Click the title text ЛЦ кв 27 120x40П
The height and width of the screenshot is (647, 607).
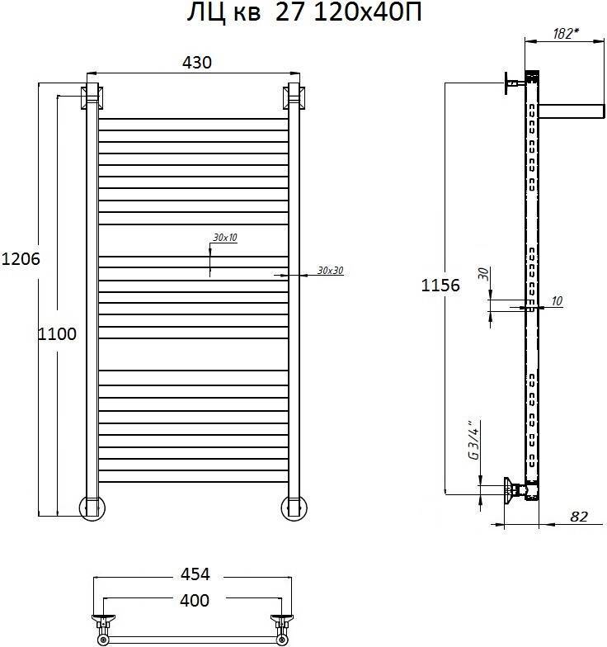[304, 13]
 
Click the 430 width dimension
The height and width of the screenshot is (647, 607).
[197, 63]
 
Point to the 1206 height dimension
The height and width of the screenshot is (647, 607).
[21, 259]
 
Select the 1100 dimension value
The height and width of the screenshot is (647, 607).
[57, 333]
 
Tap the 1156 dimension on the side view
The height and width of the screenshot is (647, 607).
[440, 286]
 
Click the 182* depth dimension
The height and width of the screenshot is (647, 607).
[566, 33]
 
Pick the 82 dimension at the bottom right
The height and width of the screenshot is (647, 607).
[579, 517]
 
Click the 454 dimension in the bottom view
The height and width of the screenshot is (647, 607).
[195, 574]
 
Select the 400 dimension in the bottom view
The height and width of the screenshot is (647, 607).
[195, 600]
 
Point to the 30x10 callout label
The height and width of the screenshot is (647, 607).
[225, 238]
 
